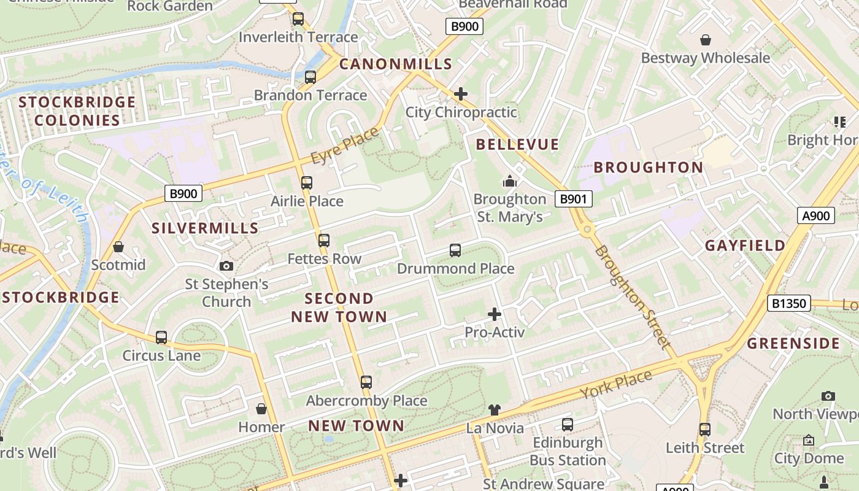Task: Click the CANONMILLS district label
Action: point(396,64)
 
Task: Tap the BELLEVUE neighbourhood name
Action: point(518,144)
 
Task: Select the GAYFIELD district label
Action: point(745,245)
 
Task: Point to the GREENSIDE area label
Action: point(793,343)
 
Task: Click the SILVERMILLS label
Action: point(205,228)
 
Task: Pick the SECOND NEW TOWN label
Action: point(339,307)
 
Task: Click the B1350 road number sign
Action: point(788,303)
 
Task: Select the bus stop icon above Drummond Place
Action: point(455,250)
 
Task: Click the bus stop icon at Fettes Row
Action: point(324,241)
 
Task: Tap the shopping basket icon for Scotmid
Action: point(118,247)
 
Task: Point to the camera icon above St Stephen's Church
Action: point(226,266)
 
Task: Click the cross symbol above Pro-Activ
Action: point(494,314)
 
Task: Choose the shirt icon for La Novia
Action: point(495,410)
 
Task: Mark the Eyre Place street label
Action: point(345,147)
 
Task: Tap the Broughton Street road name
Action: point(632,297)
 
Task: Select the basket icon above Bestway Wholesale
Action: point(706,40)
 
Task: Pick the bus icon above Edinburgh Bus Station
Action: point(568,424)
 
